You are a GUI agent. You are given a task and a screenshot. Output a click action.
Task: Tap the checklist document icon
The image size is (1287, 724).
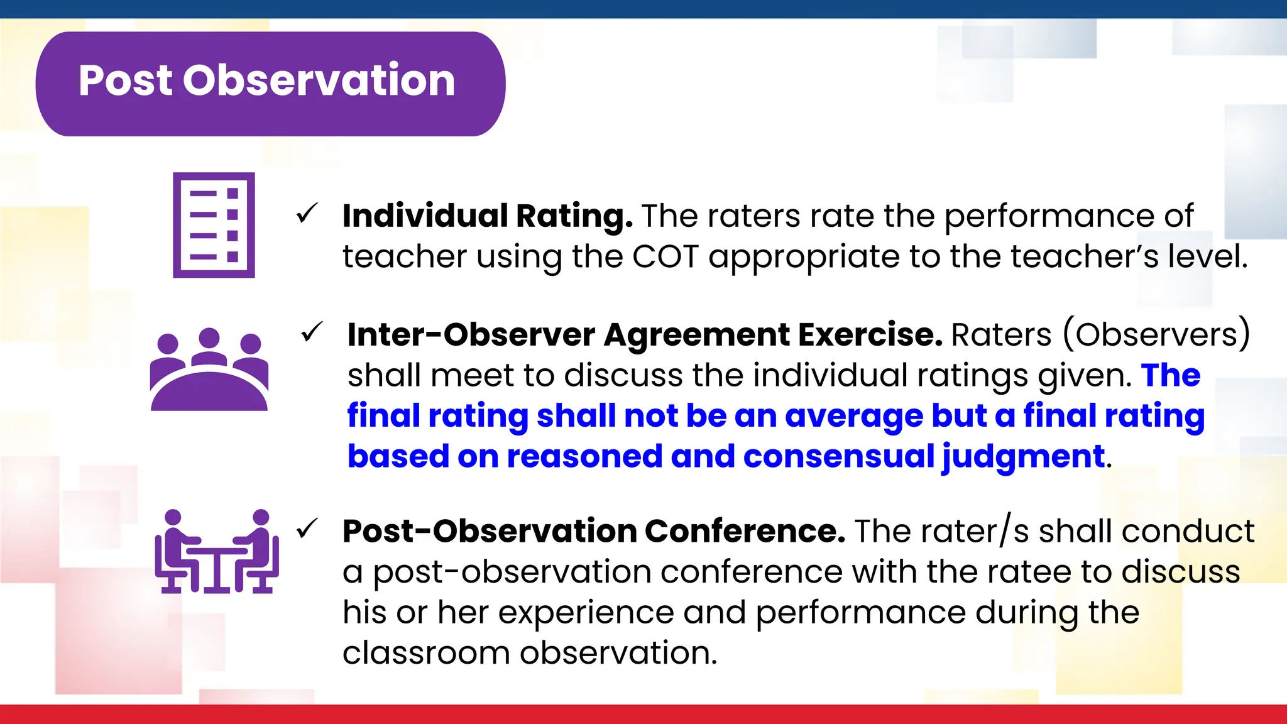[214, 225]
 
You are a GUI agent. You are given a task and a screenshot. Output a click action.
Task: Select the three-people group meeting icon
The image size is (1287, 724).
[209, 371]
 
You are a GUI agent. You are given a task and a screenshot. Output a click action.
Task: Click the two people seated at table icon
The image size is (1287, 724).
[217, 552]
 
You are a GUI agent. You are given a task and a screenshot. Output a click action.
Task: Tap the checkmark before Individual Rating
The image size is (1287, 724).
[307, 214]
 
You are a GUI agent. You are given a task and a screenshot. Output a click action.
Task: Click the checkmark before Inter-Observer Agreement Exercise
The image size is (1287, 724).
[312, 332]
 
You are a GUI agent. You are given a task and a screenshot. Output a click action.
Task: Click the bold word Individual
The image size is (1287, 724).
[425, 216]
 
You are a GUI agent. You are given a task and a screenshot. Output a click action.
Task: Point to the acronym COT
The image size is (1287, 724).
[665, 257]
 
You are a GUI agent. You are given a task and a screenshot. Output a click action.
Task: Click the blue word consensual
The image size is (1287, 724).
[838, 456]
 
